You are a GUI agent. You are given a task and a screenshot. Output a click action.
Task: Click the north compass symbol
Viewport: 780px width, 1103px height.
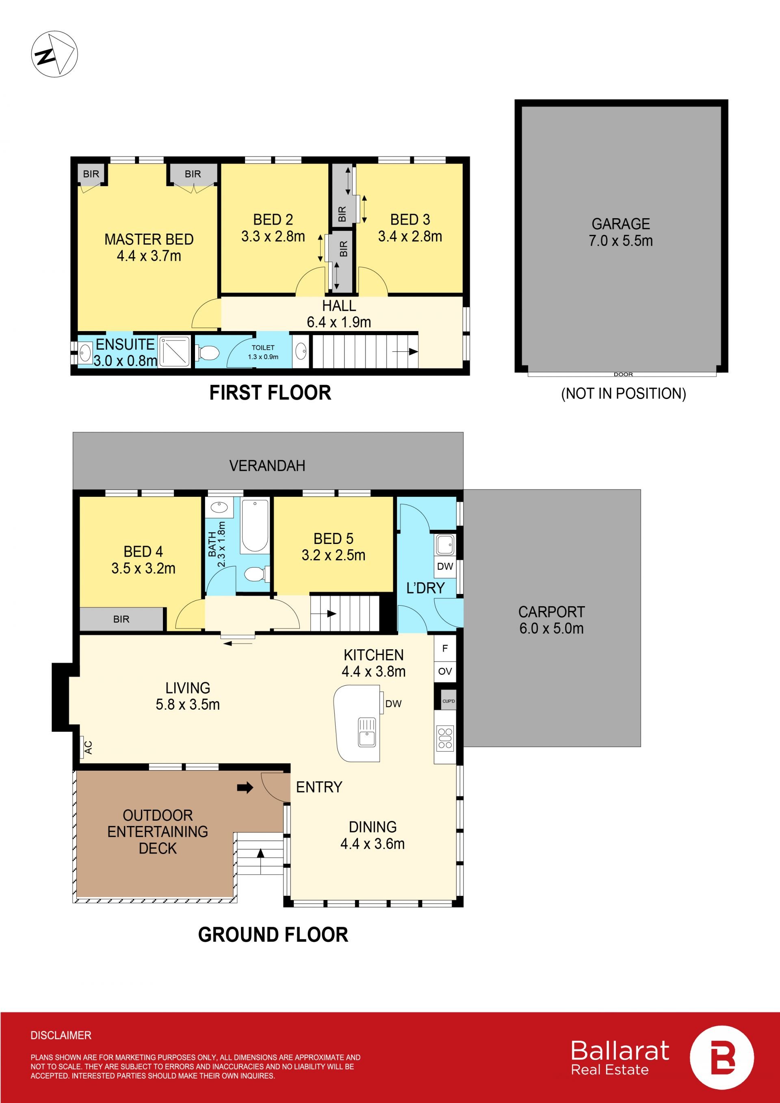click(54, 54)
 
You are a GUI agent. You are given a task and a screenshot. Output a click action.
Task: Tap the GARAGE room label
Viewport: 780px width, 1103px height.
click(620, 224)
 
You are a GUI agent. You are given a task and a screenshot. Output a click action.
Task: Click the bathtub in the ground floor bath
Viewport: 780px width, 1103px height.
click(255, 526)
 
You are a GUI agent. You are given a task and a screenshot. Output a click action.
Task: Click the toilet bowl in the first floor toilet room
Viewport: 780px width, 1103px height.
click(208, 353)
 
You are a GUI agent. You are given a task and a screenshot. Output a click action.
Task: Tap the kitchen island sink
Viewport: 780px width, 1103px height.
click(367, 732)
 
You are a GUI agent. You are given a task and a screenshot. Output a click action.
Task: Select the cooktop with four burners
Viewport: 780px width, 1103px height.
click(445, 738)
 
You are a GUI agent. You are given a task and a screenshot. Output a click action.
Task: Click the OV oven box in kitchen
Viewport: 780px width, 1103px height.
click(445, 671)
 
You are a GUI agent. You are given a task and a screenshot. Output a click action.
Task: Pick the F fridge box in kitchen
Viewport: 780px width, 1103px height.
click(445, 648)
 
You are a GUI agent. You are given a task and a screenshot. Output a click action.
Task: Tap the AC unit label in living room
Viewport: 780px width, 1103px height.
click(88, 747)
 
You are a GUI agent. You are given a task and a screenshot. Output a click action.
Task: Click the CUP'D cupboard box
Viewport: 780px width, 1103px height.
click(448, 701)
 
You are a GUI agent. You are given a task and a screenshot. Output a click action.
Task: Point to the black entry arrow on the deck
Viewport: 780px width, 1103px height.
click(245, 787)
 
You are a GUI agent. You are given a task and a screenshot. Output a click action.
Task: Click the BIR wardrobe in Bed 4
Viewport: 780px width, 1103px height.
click(121, 619)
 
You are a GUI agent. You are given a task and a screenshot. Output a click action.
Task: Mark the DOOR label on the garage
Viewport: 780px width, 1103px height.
click(623, 374)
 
